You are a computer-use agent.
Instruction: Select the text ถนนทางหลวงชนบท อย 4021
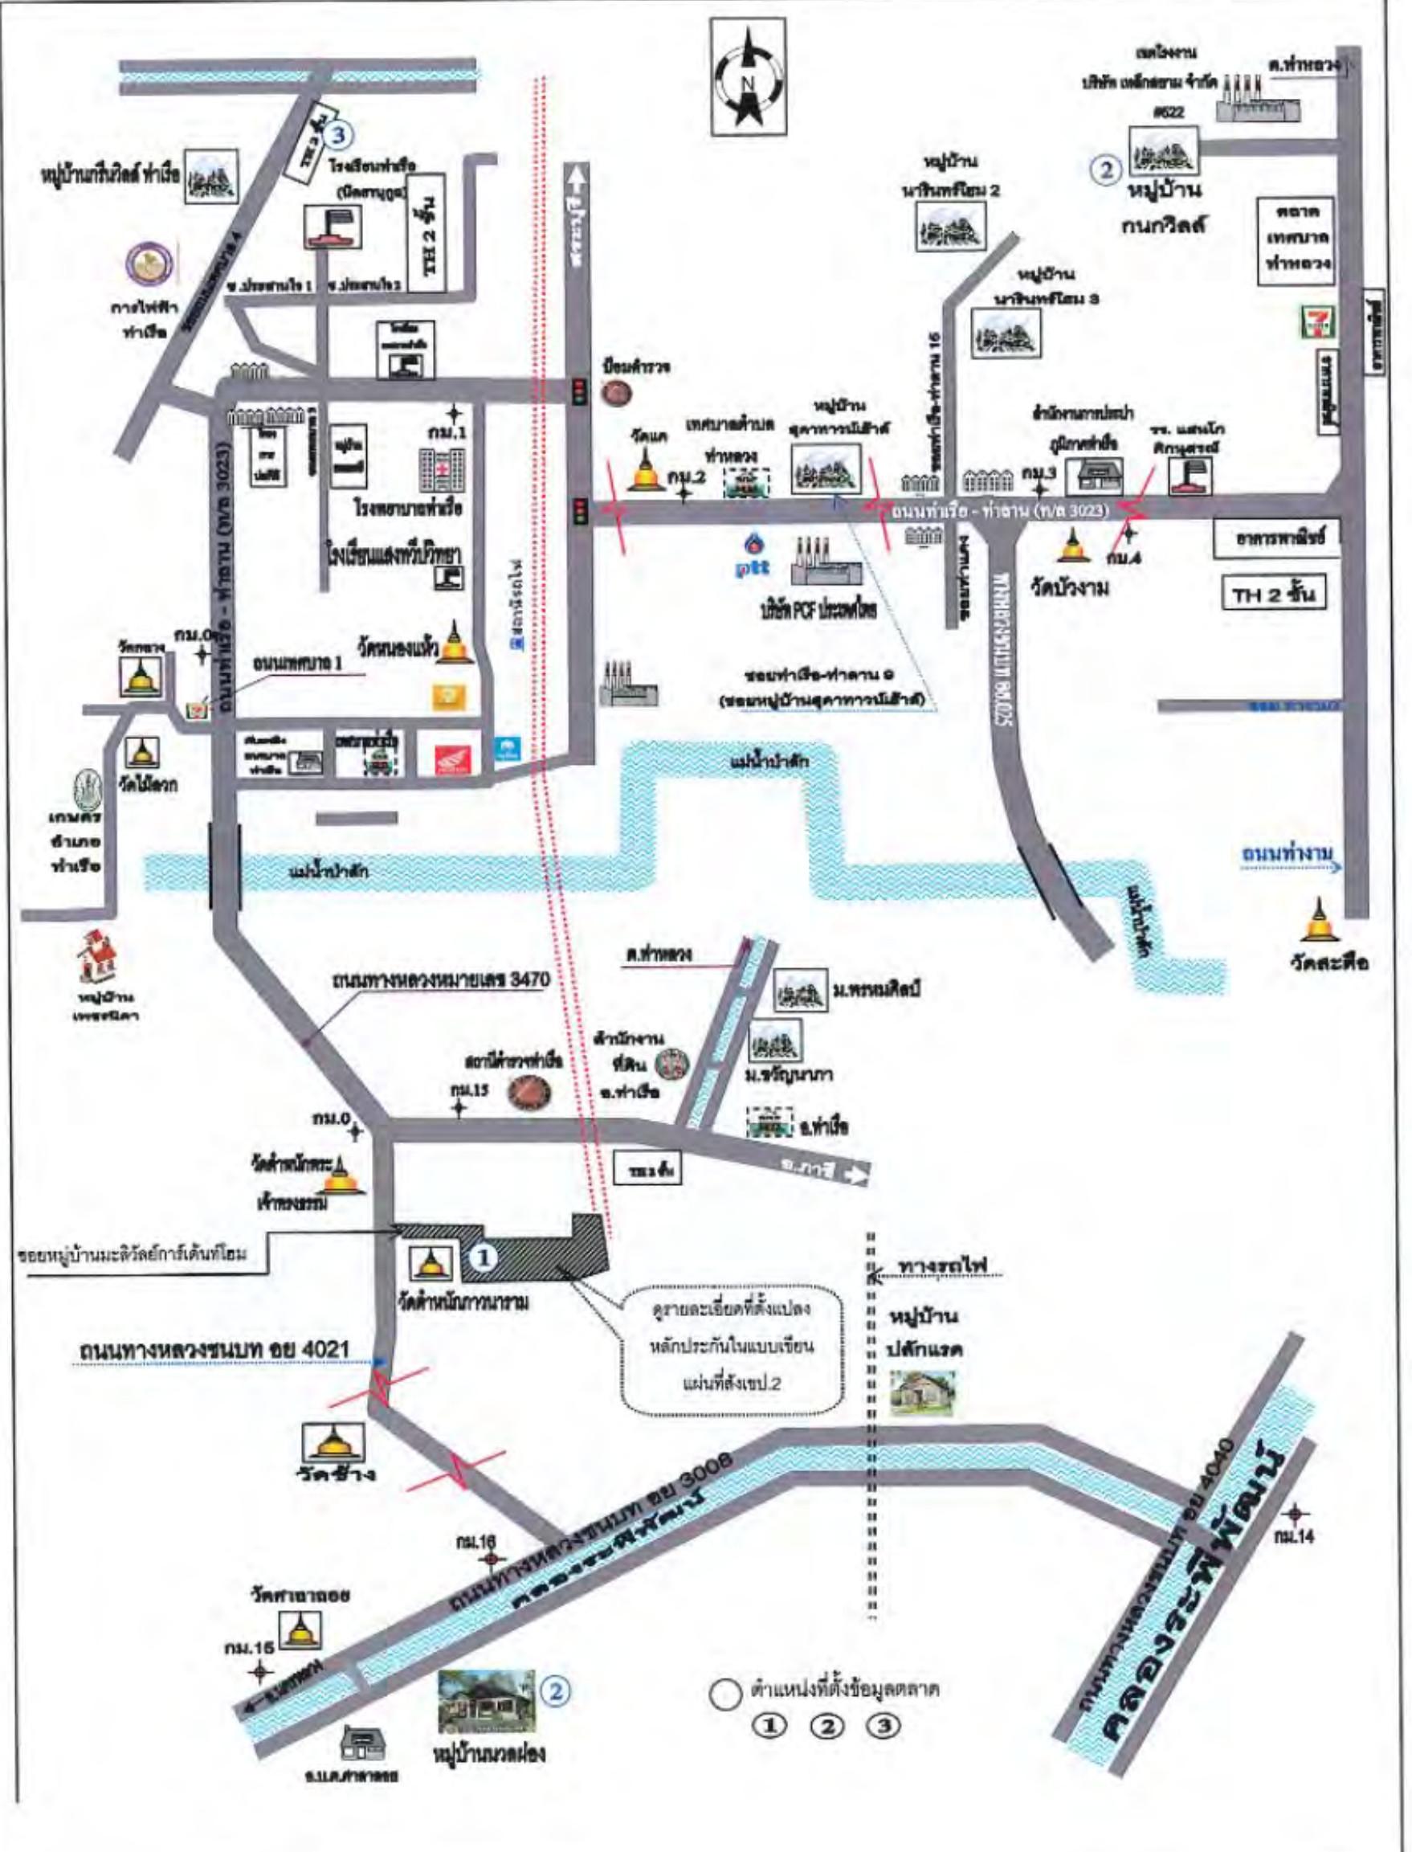214,1349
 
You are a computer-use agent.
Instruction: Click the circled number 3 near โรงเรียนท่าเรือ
339,133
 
